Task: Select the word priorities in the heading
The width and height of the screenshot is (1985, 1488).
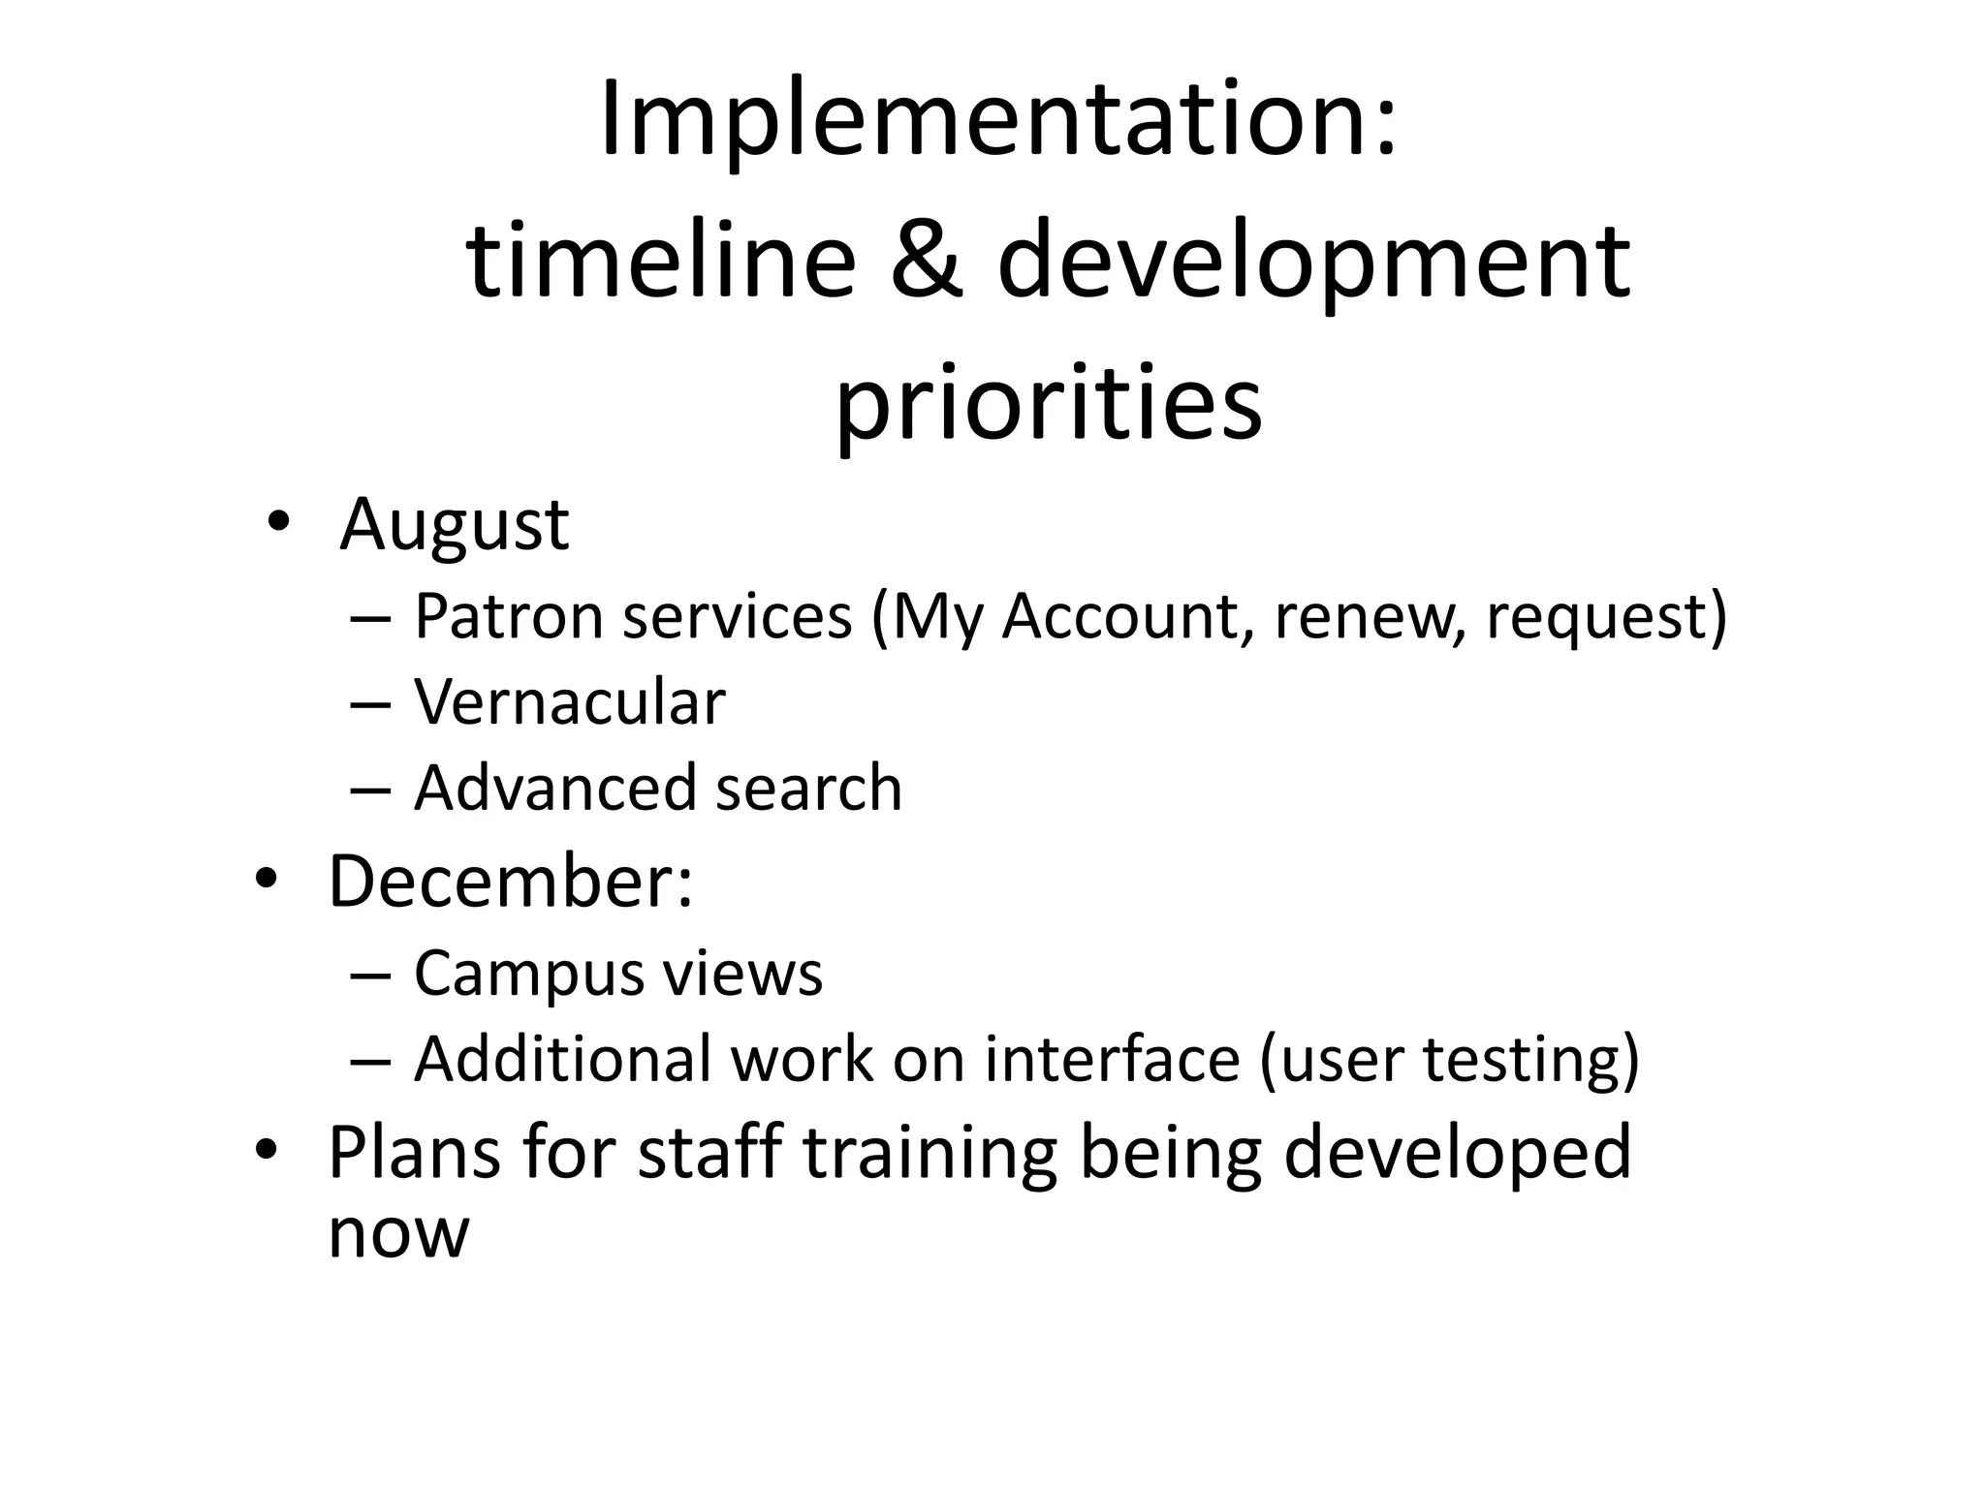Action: [x=1050, y=401]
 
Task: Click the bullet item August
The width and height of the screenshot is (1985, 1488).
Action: [x=454, y=525]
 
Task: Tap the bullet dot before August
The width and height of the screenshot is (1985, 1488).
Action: [x=278, y=523]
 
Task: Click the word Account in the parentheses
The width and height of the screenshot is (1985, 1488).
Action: [x=1120, y=616]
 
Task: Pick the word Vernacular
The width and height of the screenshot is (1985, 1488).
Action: [x=570, y=701]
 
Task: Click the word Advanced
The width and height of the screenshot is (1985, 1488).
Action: [x=555, y=787]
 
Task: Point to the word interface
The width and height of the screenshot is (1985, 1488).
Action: [x=1113, y=1058]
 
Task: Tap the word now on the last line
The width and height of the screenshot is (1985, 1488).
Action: [x=398, y=1232]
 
